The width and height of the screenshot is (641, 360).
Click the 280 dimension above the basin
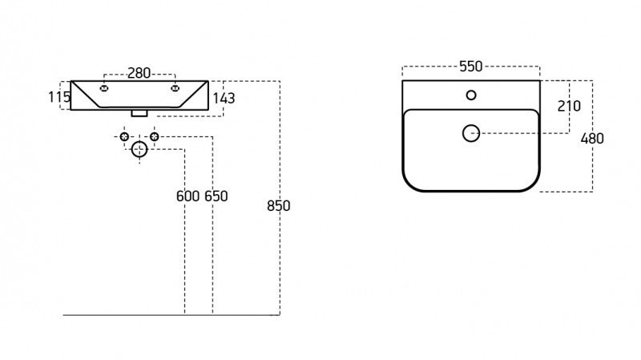tap(139, 73)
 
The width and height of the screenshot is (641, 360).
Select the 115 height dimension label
tap(58, 97)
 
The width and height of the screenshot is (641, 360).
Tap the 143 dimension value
tap(224, 99)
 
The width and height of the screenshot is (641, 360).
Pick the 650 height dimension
tap(216, 196)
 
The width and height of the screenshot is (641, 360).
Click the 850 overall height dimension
tap(278, 205)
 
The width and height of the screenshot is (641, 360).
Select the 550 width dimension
tap(470, 67)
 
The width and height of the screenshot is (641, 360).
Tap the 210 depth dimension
tap(569, 106)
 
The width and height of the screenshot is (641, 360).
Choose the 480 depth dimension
tap(591, 138)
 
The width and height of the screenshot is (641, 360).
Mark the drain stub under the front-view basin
tap(139, 113)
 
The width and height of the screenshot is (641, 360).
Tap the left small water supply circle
tap(124, 137)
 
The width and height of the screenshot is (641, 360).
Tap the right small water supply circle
tap(154, 137)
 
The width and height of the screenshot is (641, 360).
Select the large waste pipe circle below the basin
tap(139, 148)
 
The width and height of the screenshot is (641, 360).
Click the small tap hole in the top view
tap(471, 96)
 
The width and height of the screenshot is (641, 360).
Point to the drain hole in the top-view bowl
tap(471, 133)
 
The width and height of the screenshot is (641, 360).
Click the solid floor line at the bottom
tap(160, 315)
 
